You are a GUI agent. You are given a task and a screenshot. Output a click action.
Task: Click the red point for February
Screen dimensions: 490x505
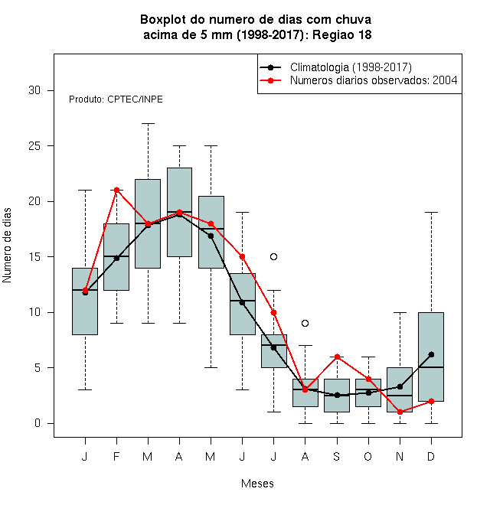point(116,190)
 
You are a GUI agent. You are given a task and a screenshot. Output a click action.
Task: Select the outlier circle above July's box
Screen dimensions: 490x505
point(273,256)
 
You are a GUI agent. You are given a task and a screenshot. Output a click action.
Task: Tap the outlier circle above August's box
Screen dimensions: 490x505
point(305,323)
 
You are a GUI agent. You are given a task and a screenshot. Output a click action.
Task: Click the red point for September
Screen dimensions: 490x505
point(337,357)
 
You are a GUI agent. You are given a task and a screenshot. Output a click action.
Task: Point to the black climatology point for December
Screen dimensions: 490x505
point(431,354)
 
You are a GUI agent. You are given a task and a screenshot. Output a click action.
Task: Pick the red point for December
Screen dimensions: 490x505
point(431,401)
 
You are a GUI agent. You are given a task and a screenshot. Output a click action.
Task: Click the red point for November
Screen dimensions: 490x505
point(400,412)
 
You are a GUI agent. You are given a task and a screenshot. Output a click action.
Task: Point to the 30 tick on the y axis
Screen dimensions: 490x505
point(51,90)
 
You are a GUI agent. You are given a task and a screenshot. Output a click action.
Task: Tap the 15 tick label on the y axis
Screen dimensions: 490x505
point(34,257)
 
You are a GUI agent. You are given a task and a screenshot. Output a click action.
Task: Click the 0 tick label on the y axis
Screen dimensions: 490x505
point(38,423)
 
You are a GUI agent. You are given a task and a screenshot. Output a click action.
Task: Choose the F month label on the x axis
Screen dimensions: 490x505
point(116,456)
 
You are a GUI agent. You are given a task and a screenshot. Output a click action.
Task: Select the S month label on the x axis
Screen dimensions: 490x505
point(337,456)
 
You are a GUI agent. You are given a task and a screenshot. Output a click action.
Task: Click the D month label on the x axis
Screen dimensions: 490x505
point(431,456)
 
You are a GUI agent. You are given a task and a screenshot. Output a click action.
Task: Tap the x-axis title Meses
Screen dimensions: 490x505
point(257,484)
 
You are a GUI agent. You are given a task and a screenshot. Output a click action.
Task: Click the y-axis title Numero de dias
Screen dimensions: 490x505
point(7,246)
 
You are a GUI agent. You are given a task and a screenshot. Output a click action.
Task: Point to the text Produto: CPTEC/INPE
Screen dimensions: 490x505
point(116,99)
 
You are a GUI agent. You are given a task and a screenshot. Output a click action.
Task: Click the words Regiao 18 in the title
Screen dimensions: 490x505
point(342,34)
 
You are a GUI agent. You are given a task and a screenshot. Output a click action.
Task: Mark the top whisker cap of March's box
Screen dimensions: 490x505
point(148,123)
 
